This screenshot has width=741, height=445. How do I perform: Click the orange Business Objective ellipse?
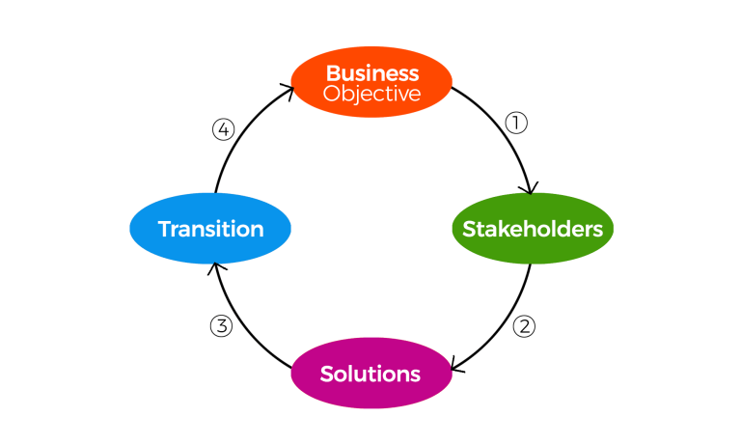[371, 82]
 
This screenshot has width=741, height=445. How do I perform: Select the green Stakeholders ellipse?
[533, 229]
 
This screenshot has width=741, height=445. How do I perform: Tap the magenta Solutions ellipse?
[371, 373]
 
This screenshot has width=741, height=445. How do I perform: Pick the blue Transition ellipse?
[210, 229]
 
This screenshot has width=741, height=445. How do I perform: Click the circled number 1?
[516, 123]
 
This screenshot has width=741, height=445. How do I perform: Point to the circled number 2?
[524, 326]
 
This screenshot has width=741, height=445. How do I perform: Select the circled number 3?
[221, 326]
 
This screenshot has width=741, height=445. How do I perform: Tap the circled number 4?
[224, 129]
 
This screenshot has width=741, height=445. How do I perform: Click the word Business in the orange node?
[372, 73]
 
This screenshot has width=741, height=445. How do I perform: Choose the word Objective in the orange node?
[371, 94]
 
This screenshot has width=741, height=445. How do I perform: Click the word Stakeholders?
[533, 229]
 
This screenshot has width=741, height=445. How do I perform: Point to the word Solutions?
[370, 375]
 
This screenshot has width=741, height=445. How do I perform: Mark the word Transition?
[210, 229]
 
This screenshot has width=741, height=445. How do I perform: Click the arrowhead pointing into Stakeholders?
[530, 188]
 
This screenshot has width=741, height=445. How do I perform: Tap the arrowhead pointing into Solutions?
[455, 365]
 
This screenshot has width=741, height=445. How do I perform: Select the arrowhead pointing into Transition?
[215, 267]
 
